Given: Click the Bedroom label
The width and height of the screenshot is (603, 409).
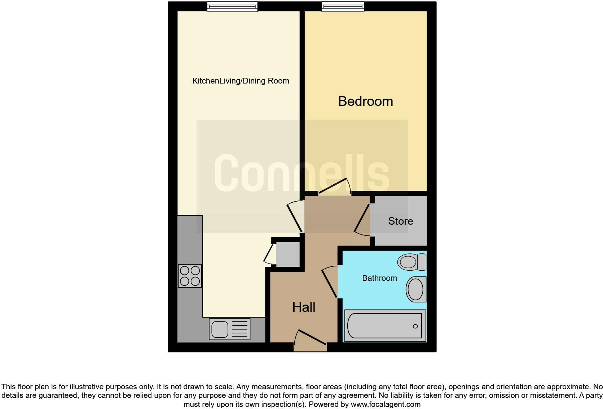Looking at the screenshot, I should click(x=365, y=101).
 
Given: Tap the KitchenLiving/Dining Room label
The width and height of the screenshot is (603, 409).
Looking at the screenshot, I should click(x=241, y=81).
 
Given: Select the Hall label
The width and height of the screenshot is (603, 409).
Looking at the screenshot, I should click(x=304, y=307).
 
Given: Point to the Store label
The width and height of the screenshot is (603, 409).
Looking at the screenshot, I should click(x=400, y=221).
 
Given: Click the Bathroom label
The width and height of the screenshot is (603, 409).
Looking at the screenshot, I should click(x=379, y=278).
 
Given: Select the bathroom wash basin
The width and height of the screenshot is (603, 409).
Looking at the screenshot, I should click(x=416, y=289).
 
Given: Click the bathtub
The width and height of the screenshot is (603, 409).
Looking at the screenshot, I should click(x=385, y=326).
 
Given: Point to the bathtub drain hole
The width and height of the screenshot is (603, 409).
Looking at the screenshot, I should click(x=415, y=326).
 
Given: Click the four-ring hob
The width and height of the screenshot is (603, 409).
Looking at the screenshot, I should click(x=190, y=276).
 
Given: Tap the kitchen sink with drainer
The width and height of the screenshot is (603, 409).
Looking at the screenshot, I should click(x=229, y=329).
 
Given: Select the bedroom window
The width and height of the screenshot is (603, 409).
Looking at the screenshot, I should click(x=343, y=6).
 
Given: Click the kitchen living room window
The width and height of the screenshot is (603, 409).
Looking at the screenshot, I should click(x=232, y=6).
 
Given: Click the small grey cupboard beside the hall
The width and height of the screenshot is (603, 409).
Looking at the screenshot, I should click(x=288, y=254).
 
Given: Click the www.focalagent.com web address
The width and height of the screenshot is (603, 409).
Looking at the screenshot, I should click(x=386, y=404).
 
